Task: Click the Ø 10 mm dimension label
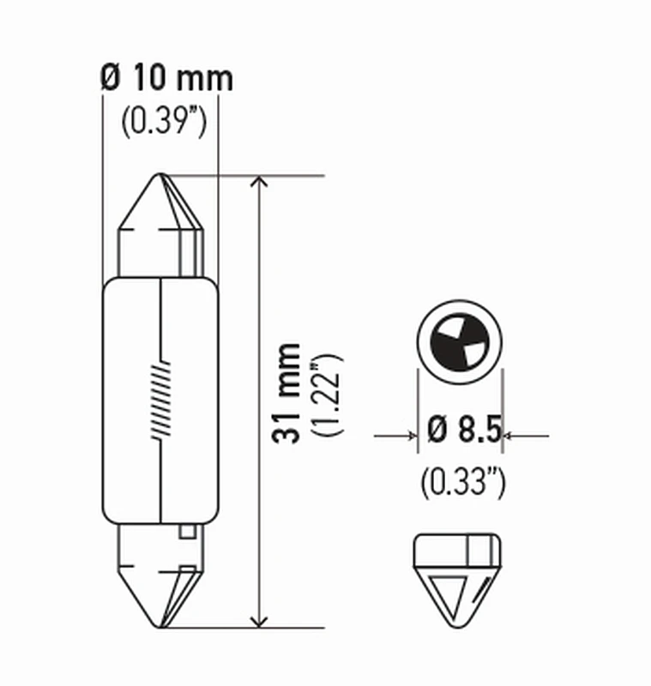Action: (x=166, y=79)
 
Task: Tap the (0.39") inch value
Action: (x=163, y=123)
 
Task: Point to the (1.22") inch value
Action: (x=328, y=395)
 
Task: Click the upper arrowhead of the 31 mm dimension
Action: (x=259, y=184)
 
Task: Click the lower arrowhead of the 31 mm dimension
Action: (x=259, y=620)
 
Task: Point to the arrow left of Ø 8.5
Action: (x=408, y=436)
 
